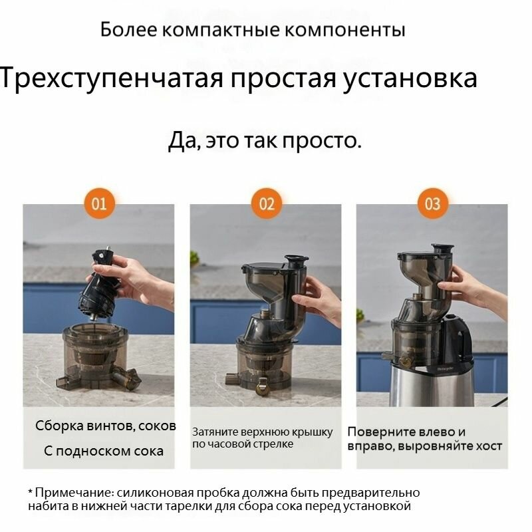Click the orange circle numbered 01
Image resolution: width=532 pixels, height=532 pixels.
[99, 204]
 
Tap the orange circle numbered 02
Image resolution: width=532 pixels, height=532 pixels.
[267, 204]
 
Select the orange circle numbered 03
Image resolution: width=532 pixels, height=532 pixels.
[433, 204]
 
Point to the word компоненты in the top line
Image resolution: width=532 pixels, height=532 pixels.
[344, 30]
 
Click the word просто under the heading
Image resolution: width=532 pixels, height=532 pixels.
[322, 141]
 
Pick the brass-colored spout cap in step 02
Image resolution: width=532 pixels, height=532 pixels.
[263, 387]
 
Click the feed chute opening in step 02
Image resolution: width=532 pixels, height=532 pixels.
[297, 259]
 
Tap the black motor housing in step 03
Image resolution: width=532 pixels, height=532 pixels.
[456, 339]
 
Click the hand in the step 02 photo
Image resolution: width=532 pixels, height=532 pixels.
[317, 299]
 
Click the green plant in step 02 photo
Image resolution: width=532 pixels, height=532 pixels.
[194, 259]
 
